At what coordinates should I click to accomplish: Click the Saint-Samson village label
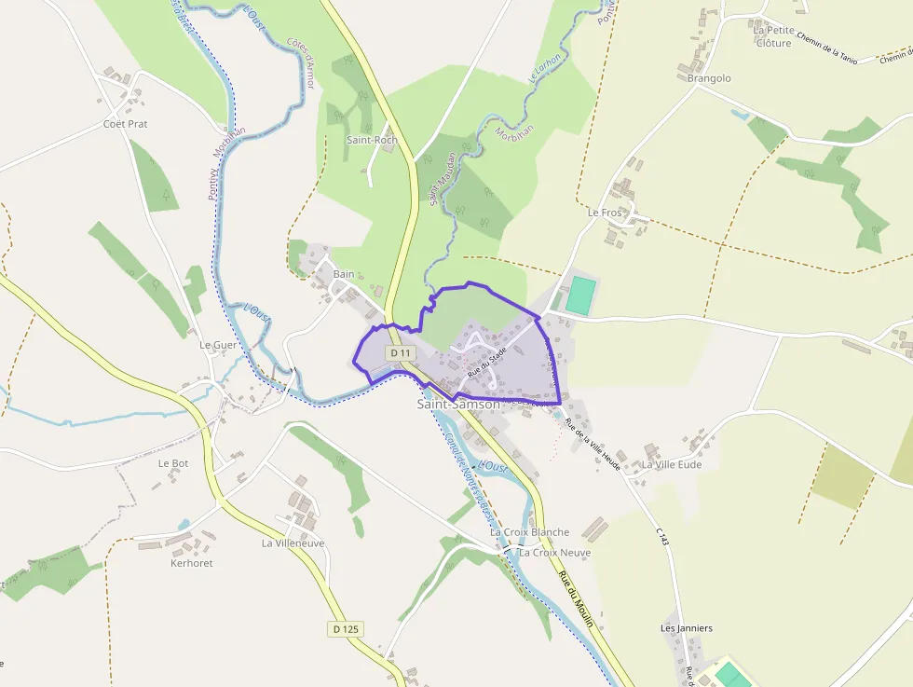click(457, 405)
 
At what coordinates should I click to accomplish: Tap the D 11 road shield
click(401, 353)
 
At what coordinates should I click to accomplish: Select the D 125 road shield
click(345, 629)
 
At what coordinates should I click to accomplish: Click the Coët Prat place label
click(125, 124)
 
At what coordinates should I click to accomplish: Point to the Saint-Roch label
click(372, 140)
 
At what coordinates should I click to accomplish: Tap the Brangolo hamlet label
click(709, 78)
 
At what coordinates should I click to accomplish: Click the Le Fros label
click(604, 213)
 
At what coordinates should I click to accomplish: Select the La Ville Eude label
click(672, 464)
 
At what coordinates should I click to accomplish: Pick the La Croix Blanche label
click(529, 532)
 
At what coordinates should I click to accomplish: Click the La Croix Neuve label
click(555, 552)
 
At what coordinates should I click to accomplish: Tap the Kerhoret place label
click(191, 563)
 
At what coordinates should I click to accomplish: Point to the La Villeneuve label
click(293, 543)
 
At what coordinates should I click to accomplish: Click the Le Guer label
click(218, 344)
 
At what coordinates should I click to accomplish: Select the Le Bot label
click(173, 462)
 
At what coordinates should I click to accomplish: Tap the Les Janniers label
click(687, 628)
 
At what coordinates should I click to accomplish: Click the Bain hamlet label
click(344, 274)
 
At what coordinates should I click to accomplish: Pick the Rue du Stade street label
click(487, 364)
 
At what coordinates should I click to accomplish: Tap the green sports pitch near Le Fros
click(579, 295)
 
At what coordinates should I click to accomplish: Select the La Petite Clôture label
click(773, 36)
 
